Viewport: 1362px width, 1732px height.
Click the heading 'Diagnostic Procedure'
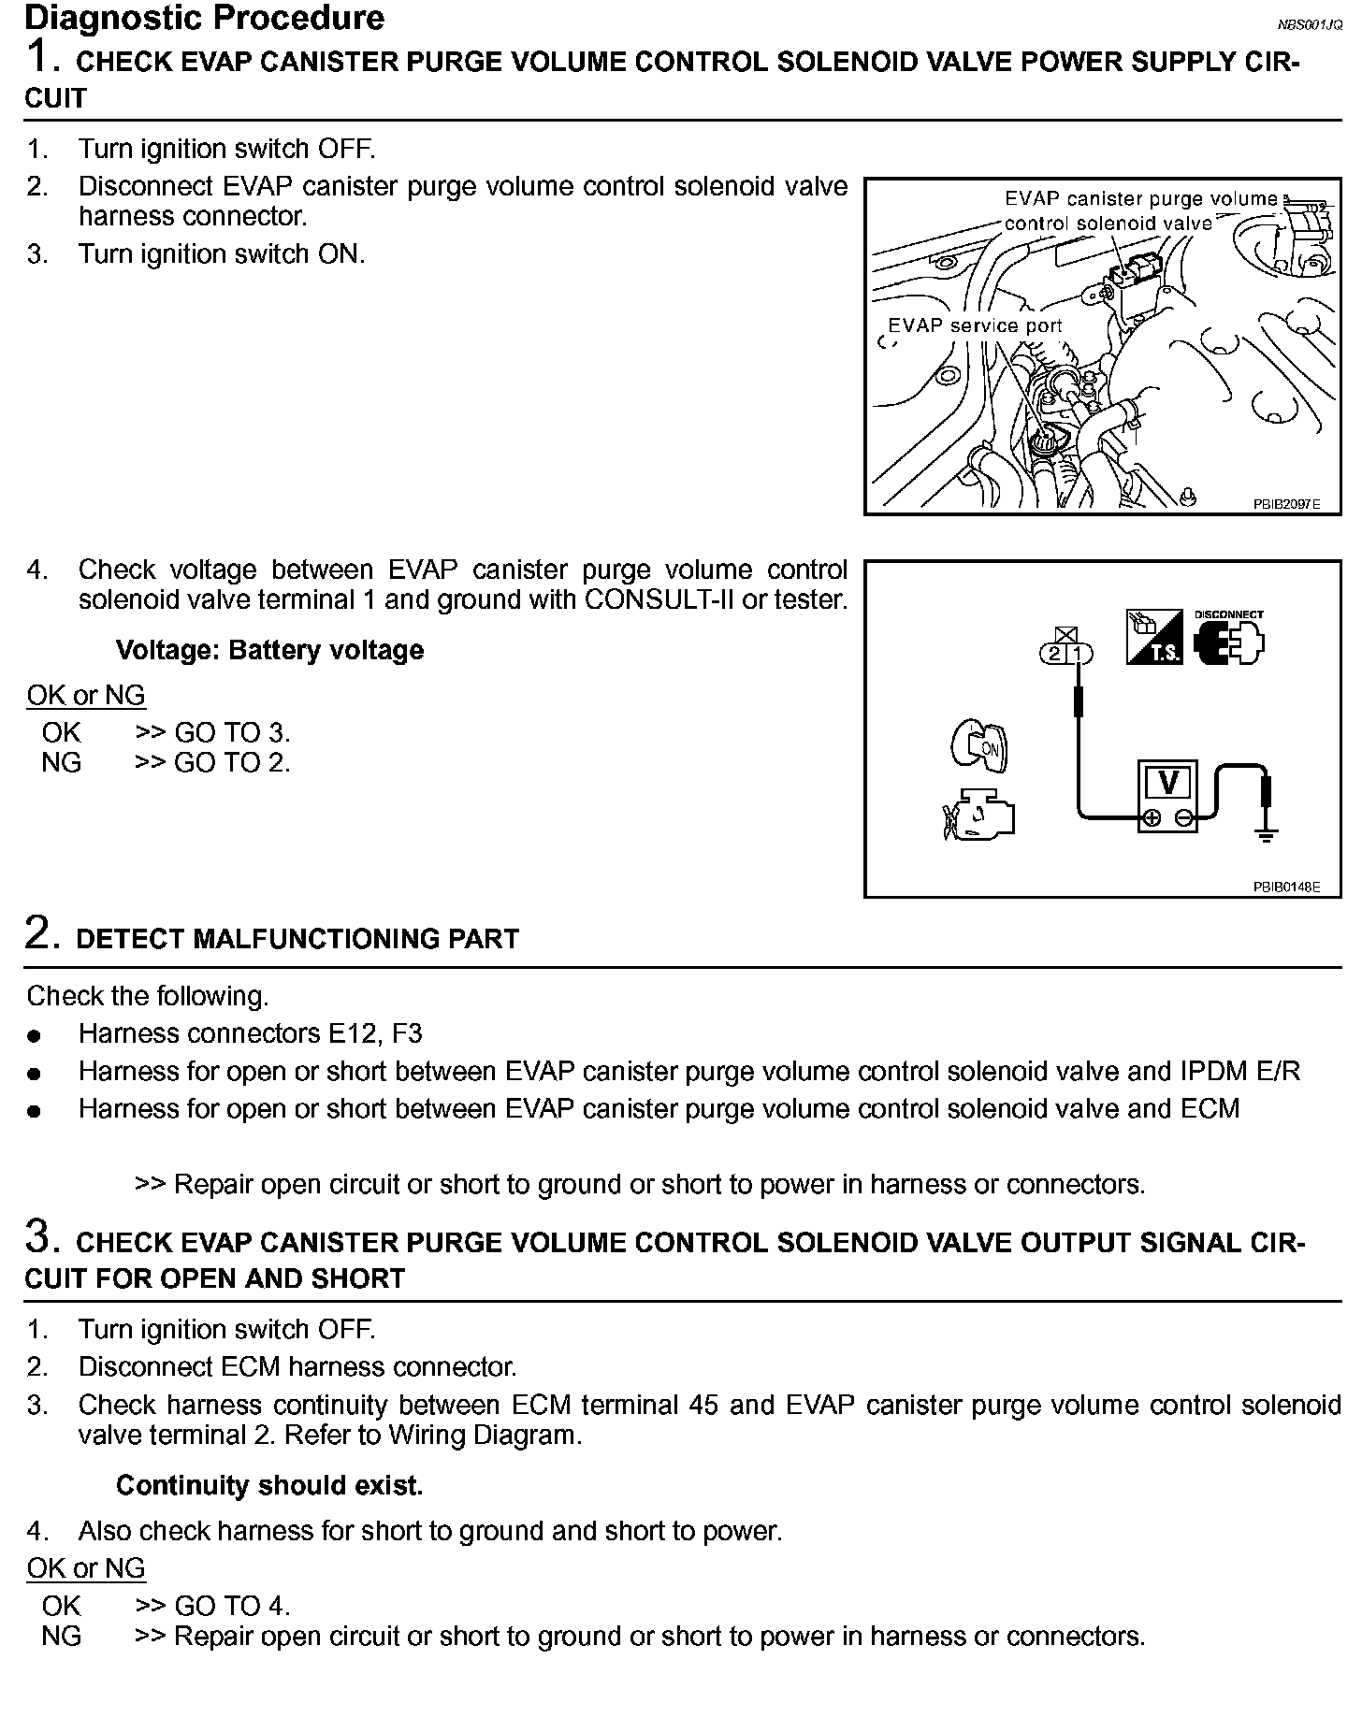click(x=204, y=18)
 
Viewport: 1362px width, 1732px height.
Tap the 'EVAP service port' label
click(x=975, y=325)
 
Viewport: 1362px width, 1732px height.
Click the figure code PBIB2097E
click(x=1286, y=504)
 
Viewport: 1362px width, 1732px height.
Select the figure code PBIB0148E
click(x=1286, y=887)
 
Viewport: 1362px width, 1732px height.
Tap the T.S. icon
click(x=1153, y=638)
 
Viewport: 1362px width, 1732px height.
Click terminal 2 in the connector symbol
click(x=1055, y=653)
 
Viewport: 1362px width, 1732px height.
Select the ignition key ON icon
click(x=978, y=746)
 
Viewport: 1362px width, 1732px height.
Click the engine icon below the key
click(x=978, y=815)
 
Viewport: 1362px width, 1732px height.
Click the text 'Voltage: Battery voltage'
click(x=269, y=650)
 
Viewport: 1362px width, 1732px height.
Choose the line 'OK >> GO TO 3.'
click(x=166, y=732)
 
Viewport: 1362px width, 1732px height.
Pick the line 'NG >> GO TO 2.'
click(x=166, y=762)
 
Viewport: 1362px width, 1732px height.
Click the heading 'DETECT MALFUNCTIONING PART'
click(x=297, y=939)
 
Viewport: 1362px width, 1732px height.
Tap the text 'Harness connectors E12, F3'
click(x=250, y=1033)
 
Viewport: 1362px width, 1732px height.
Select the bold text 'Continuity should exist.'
click(x=269, y=1486)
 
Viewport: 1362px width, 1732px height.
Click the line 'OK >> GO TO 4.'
click(x=166, y=1606)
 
